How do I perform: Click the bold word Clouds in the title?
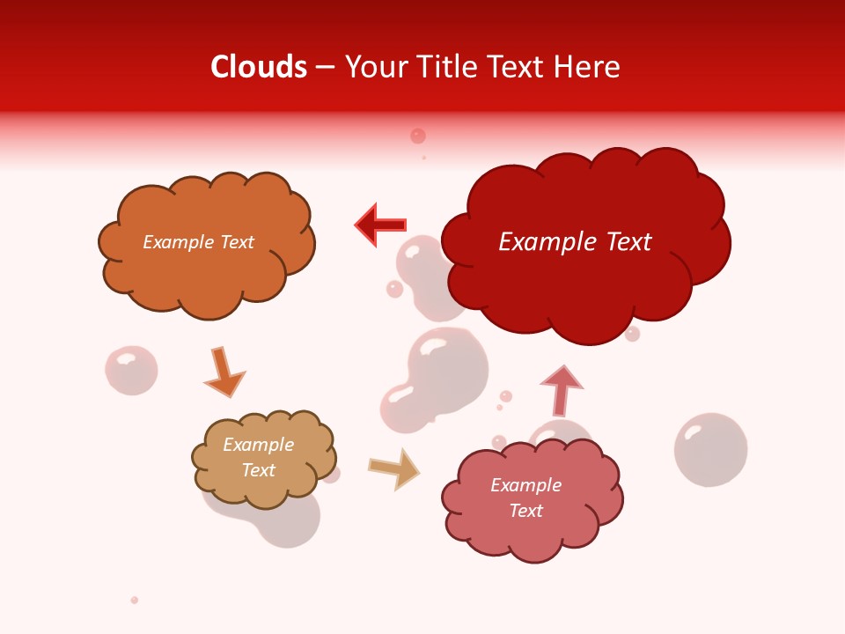click(259, 67)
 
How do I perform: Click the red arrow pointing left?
click(380, 225)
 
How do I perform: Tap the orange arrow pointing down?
click(224, 372)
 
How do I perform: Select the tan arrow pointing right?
click(394, 468)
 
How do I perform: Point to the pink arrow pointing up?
click(561, 390)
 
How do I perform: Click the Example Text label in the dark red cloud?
click(575, 242)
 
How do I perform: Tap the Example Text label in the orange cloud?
click(198, 242)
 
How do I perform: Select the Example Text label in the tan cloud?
click(258, 457)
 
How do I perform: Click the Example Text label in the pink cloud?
click(525, 498)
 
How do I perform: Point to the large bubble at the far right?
click(710, 449)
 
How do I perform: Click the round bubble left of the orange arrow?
click(131, 370)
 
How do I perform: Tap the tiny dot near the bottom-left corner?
click(135, 600)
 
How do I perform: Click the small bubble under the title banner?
click(418, 136)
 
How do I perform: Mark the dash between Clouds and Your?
click(325, 68)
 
